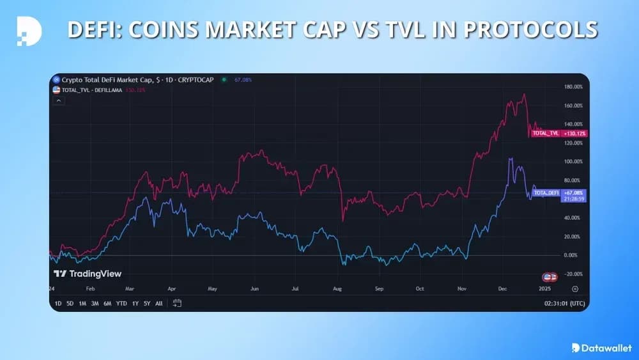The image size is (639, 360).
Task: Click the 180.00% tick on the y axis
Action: pyautogui.click(x=573, y=86)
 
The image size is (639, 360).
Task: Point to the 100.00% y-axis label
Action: pyautogui.click(x=573, y=162)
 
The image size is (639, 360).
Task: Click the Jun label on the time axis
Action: pyautogui.click(x=254, y=289)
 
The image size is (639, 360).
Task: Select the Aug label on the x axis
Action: pyautogui.click(x=337, y=289)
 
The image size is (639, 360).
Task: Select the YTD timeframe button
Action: pyautogui.click(x=122, y=303)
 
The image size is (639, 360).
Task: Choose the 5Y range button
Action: pyautogui.click(x=147, y=303)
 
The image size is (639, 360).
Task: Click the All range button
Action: pyautogui.click(x=159, y=303)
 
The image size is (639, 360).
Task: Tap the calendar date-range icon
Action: pyautogui.click(x=178, y=303)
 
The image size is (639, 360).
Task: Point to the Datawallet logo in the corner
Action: pyautogui.click(x=599, y=347)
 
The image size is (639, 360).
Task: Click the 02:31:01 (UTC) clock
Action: pyautogui.click(x=563, y=303)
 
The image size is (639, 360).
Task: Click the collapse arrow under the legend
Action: pyautogui.click(x=58, y=100)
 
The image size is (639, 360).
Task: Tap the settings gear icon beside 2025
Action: pyautogui.click(x=575, y=289)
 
